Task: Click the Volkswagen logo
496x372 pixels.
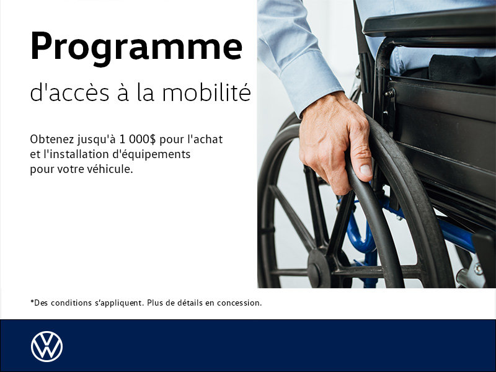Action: point(46,347)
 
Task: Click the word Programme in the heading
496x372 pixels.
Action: point(136,48)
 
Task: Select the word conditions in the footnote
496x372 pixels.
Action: point(71,303)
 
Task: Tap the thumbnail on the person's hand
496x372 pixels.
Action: point(366,169)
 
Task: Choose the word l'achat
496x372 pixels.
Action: point(204,139)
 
